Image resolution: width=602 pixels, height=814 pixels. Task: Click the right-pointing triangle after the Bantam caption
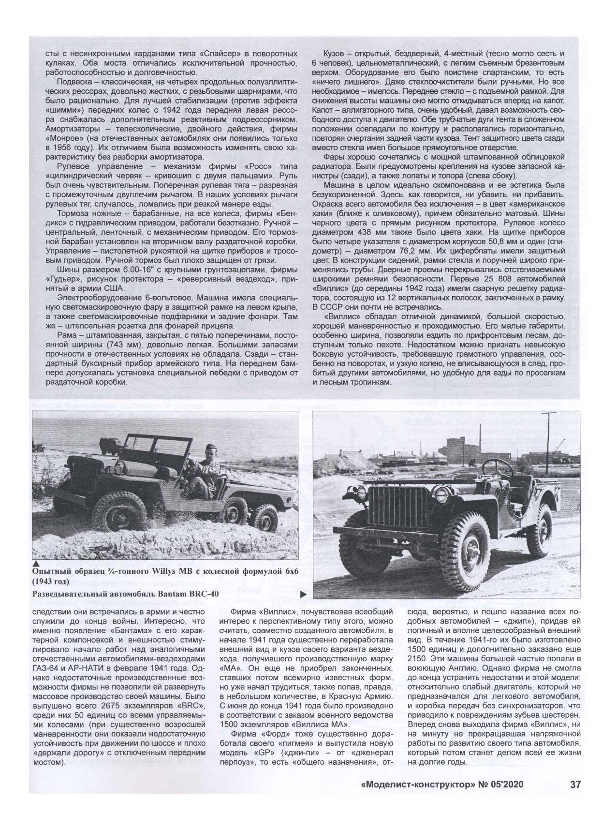(x=303, y=594)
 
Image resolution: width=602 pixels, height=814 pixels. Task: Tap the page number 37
(x=575, y=784)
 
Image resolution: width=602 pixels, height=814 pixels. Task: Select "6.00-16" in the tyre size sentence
(x=116, y=270)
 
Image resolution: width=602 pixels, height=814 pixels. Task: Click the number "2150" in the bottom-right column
(x=419, y=659)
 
